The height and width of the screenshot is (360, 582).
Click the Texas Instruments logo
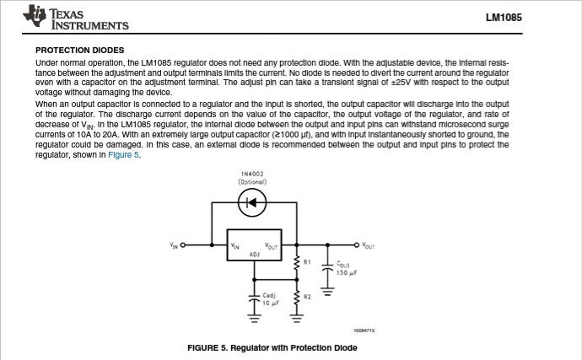pos(76,17)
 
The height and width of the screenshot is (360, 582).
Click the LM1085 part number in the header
pos(504,18)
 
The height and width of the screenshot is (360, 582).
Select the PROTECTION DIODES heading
pos(80,50)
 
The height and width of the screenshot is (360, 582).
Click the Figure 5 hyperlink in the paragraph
pos(124,155)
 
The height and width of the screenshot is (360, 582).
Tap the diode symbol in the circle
pos(252,202)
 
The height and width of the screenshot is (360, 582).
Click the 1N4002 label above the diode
pos(252,174)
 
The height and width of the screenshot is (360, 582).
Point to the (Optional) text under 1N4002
pos(252,182)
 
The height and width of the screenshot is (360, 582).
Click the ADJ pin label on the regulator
pos(255,255)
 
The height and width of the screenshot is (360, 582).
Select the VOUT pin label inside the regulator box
pos(272,246)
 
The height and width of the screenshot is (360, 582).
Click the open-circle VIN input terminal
pos(182,245)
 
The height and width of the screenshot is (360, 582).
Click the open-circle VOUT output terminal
pos(356,245)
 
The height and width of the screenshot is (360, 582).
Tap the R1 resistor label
pos(307,262)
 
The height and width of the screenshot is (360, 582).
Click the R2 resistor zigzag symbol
pos(297,298)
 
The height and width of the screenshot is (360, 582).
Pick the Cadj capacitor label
pos(269,295)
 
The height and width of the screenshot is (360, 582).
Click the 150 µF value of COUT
pos(347,273)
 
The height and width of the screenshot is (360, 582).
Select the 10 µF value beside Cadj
pos(271,304)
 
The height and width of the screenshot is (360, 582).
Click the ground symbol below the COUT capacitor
pos(327,292)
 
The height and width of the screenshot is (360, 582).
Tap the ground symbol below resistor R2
pos(297,319)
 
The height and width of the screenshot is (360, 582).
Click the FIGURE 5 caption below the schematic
pos(272,347)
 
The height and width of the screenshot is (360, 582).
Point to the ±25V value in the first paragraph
pos(401,83)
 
